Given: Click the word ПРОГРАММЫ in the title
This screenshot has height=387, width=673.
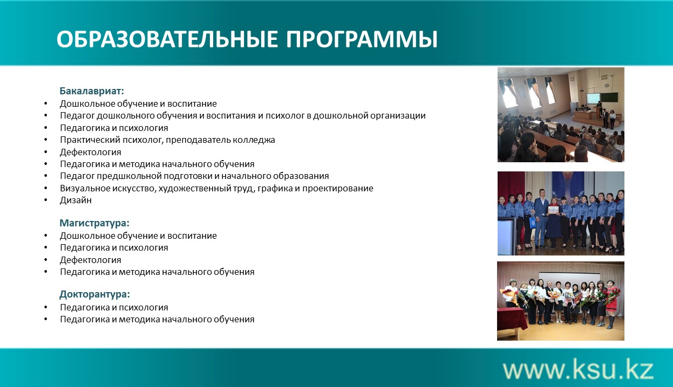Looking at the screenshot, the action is point(362,39).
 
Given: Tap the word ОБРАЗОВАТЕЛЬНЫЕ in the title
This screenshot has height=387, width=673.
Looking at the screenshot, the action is point(167,39).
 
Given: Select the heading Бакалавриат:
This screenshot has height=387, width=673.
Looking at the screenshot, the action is point(92,91).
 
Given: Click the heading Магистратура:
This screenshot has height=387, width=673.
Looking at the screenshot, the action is point(94,223).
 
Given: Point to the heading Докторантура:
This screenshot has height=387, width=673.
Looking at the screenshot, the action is point(94,294).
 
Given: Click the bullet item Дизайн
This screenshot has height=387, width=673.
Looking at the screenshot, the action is point(76,200).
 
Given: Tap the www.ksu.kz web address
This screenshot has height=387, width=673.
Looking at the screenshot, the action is point(578,370).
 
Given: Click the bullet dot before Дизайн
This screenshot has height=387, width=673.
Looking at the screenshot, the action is point(46,200).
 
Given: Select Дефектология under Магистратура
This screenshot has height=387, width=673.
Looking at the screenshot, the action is point(91,260).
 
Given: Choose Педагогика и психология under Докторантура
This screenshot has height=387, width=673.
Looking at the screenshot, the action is point(114,308).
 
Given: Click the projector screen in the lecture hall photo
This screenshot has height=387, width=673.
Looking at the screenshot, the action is point(593,98).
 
